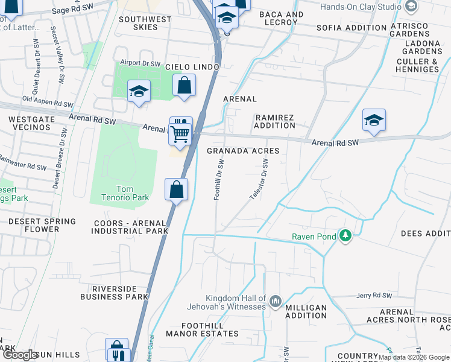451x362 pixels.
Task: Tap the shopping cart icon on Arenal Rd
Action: [x=180, y=134]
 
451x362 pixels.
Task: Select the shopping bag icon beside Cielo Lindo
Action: [x=184, y=86]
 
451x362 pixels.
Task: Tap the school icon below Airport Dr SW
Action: [x=139, y=92]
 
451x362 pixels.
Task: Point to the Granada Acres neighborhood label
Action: [x=243, y=151]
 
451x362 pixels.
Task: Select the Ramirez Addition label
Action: [x=275, y=121]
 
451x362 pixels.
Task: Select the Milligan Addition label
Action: [x=306, y=311]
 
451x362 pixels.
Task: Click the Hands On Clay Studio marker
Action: [x=411, y=7]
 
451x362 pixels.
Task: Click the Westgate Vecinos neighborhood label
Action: [x=28, y=124]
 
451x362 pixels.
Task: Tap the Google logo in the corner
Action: [x=20, y=355]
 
